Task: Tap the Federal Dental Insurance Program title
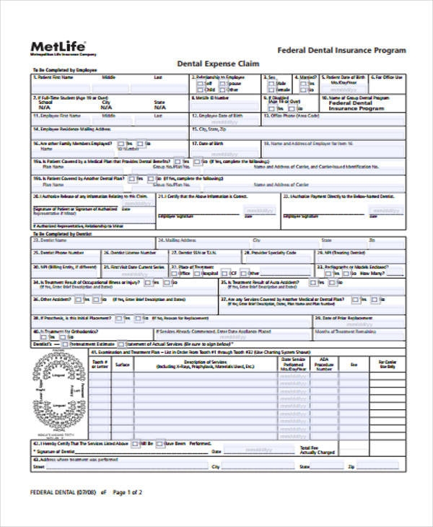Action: coord(341,51)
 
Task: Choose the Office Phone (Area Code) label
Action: coord(293,115)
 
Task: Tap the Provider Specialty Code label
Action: coord(271,253)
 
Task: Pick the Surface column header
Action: coord(123,364)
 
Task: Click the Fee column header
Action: coord(354,364)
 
